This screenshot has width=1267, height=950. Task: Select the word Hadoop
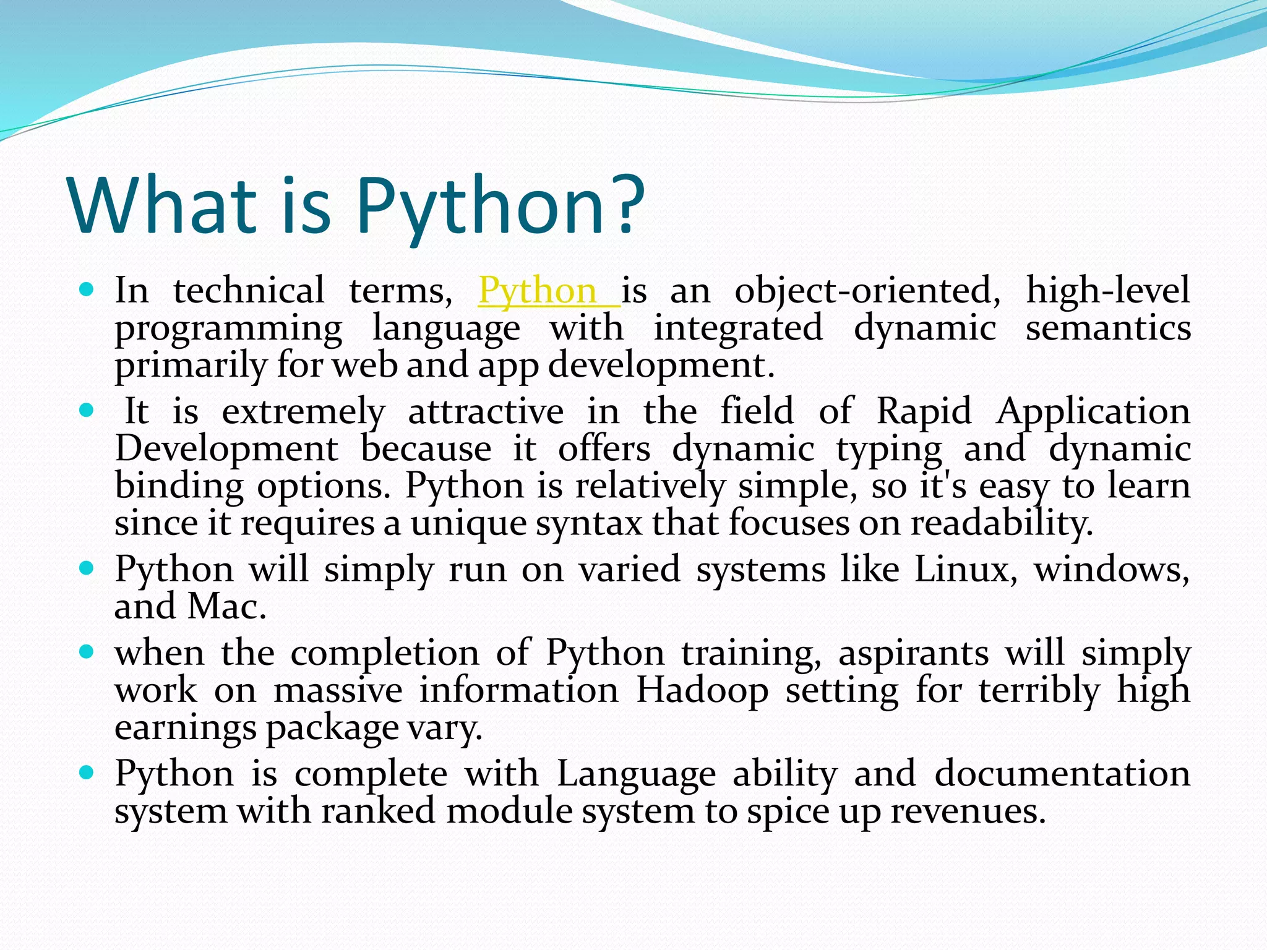(x=702, y=690)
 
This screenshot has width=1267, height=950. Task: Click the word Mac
(x=226, y=606)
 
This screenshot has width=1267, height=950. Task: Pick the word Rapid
(x=924, y=411)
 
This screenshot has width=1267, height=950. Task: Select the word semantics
(x=1108, y=328)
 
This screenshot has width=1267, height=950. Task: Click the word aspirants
(x=913, y=653)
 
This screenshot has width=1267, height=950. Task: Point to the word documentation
(x=1062, y=774)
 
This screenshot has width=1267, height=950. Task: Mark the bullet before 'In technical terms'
(x=87, y=289)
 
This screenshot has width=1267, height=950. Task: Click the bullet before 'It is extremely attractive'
(x=87, y=409)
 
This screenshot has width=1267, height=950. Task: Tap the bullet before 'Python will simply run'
(x=87, y=567)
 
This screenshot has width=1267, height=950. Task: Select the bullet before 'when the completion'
(x=87, y=651)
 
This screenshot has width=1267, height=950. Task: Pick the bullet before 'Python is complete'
(x=87, y=772)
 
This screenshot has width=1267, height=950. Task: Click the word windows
(x=1111, y=569)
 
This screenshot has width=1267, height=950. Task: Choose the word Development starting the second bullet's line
(x=226, y=449)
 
